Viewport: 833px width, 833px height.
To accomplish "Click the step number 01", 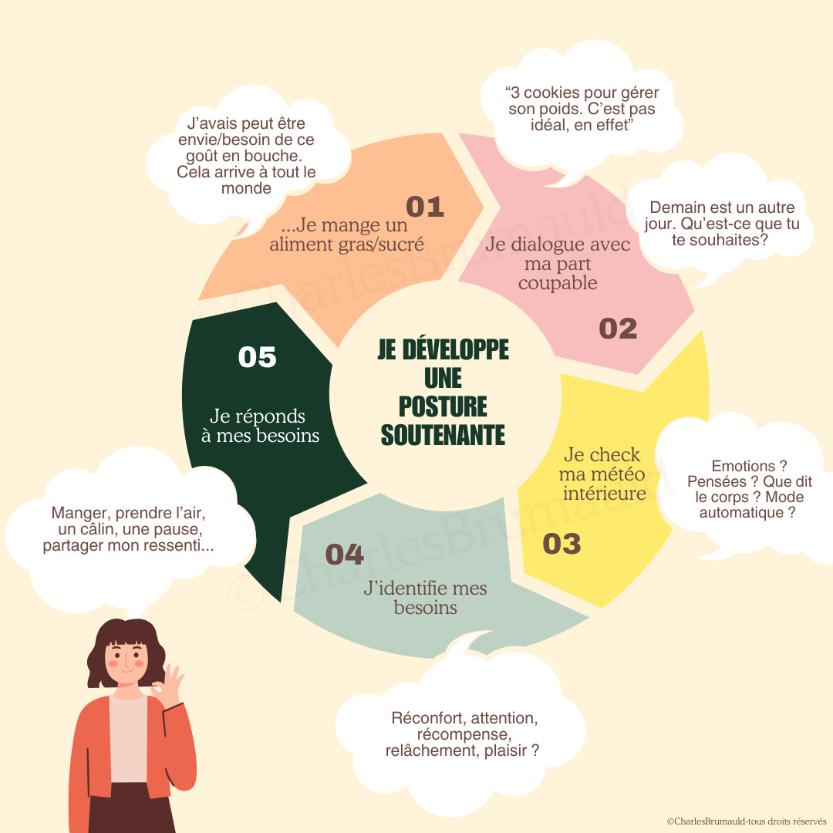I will tap(425, 207).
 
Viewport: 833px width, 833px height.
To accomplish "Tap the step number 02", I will tap(618, 329).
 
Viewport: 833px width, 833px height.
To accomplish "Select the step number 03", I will tap(562, 544).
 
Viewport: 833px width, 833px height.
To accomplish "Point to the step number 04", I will tap(344, 555).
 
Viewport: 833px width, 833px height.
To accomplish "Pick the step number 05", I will tap(257, 357).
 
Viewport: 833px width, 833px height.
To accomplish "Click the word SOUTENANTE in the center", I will tap(443, 434).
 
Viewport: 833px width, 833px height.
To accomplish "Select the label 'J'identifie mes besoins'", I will tap(425, 598).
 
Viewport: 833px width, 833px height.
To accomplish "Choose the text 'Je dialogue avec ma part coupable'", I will tap(558, 263).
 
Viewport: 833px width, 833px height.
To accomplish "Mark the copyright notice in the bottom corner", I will tap(746, 822).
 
